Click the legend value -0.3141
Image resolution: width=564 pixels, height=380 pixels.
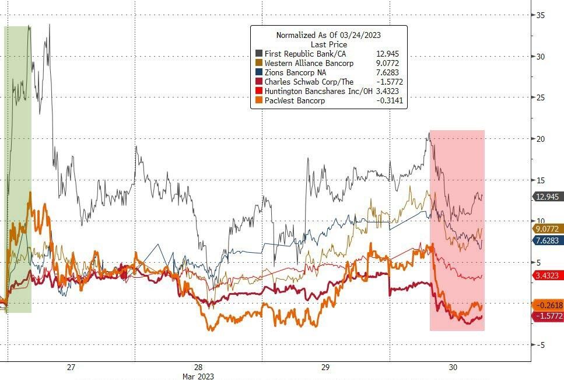point(388,100)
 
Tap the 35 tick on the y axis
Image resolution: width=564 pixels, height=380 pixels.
point(541,16)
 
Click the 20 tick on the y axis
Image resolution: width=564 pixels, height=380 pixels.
point(541,139)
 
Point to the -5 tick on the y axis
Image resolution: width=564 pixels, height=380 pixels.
point(541,344)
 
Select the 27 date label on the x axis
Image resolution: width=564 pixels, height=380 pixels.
point(71,367)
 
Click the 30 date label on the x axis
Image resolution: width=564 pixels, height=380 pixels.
point(453,367)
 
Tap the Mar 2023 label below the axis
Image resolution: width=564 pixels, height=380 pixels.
point(198,376)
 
